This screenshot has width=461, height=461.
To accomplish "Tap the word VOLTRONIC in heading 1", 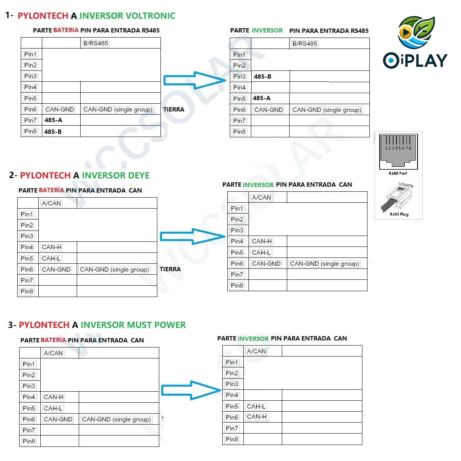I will click(x=150, y=16).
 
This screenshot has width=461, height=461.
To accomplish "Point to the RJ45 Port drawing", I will click(x=398, y=151).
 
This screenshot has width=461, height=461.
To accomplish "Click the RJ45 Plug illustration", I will click(x=396, y=198).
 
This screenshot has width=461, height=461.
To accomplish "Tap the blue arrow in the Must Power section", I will click(x=191, y=390).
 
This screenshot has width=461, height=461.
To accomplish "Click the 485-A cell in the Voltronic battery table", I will click(x=53, y=120).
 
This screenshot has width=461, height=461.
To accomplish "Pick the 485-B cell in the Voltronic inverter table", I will click(x=263, y=77).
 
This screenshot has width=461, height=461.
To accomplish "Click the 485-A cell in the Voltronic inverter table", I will click(x=261, y=98).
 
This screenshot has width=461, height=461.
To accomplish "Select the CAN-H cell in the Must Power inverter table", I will click(x=257, y=417).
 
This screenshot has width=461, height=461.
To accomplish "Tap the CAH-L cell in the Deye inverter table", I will click(x=261, y=253).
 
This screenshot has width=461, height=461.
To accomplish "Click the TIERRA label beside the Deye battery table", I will click(x=170, y=269).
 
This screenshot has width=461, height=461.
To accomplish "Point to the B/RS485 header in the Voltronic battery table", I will click(x=96, y=43).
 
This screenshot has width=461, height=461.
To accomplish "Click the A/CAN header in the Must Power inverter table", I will click(x=256, y=351).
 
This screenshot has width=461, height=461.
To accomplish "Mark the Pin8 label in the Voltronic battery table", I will click(x=31, y=131).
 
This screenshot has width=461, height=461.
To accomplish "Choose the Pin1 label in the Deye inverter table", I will click(x=237, y=209).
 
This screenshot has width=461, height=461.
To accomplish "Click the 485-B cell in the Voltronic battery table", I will click(x=53, y=132).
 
